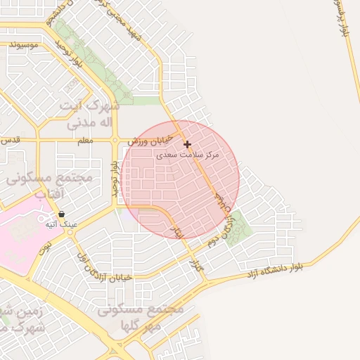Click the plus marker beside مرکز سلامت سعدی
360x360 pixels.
(x=187, y=144)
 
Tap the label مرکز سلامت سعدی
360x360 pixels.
(x=191, y=154)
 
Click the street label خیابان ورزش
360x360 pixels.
(x=146, y=142)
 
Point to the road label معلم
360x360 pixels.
(x=85, y=141)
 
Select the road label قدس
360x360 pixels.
(x=8, y=139)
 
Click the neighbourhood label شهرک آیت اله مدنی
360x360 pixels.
(x=89, y=114)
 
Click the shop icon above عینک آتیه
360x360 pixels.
(x=62, y=214)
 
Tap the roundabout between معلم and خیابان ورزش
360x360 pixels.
(x=115, y=140)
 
